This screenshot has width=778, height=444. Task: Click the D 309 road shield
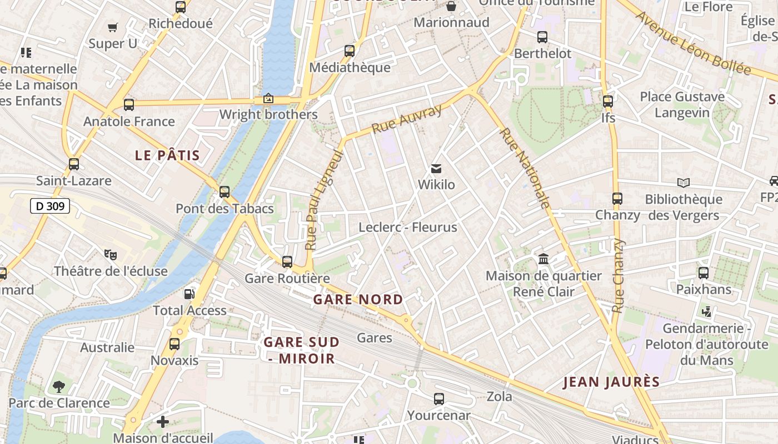point(49,206)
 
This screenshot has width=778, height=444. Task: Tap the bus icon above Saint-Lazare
point(73,164)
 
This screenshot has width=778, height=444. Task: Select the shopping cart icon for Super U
point(113,27)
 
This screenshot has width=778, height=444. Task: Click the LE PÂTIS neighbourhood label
point(167,155)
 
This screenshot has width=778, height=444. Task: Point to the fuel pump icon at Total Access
point(189,294)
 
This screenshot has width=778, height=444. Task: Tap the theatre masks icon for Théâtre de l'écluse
point(111,255)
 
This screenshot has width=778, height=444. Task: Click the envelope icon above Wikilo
point(436,168)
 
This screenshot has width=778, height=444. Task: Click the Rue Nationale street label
point(525,168)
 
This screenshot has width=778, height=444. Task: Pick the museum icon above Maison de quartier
point(543,259)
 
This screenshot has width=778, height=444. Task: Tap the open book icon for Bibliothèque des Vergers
point(683,183)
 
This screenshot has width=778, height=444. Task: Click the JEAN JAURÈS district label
point(611,382)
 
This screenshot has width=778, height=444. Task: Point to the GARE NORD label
point(358,300)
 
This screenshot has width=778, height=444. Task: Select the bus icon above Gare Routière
point(287,262)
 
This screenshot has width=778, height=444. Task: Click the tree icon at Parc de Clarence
point(58,386)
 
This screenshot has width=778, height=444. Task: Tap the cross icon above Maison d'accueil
point(162,422)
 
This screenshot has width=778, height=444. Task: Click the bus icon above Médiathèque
point(350,51)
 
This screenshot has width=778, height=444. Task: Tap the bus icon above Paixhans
point(704,273)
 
